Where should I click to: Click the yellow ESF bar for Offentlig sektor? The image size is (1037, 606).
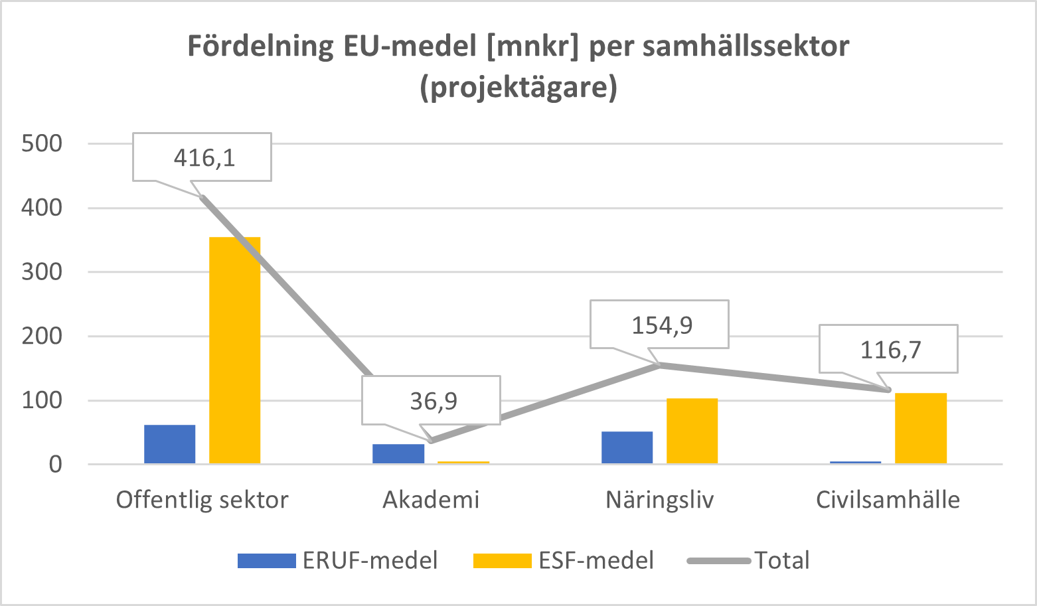[235, 350]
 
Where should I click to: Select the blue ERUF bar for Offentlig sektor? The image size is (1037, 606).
[170, 444]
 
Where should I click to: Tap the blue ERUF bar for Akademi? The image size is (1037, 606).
[398, 454]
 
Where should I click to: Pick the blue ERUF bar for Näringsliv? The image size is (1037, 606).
[627, 447]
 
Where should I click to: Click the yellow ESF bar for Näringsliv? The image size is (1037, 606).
[692, 431]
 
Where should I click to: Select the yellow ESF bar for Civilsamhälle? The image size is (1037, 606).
[921, 428]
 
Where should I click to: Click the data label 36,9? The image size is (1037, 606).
[432, 401]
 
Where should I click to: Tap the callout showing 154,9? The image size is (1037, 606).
[661, 325]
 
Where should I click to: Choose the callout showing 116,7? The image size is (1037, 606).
[890, 349]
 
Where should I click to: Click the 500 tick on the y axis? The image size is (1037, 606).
[41, 143]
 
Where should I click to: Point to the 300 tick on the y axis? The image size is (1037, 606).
[41, 272]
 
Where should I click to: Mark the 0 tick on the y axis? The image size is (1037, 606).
[54, 465]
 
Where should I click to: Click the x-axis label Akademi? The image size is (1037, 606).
[431, 500]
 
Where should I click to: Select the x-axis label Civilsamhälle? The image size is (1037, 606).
[888, 500]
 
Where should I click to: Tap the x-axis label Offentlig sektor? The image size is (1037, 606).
[202, 500]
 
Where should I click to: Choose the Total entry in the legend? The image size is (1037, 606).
[781, 560]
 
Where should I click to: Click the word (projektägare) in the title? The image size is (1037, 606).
[518, 88]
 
